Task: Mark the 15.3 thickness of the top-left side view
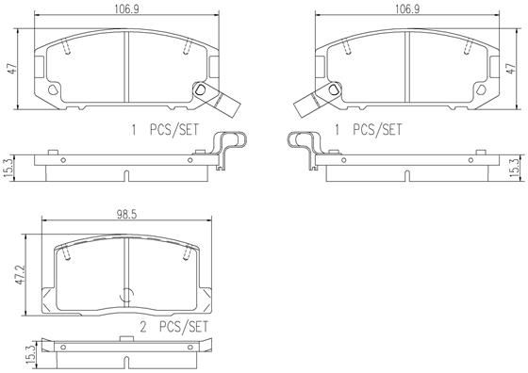[10, 165]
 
